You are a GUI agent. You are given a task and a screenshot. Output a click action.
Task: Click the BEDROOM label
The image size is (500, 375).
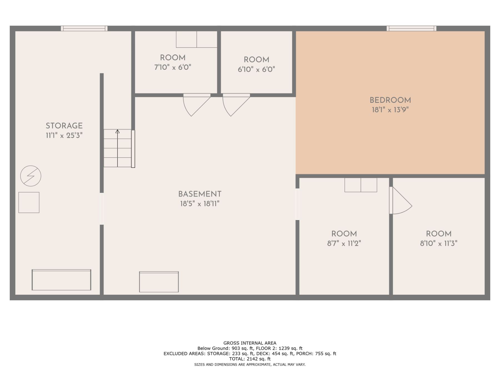pos(390,100)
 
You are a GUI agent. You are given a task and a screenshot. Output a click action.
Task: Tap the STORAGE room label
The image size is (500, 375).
pos(64,126)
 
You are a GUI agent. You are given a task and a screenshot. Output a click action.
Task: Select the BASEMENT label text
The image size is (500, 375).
pos(200,194)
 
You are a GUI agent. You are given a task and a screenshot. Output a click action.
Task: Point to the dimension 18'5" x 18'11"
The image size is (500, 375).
pos(200,204)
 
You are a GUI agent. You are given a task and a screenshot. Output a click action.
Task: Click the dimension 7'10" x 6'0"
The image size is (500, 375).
pos(173,67)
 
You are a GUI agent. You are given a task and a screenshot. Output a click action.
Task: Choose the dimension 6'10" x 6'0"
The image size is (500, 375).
pos(256,69)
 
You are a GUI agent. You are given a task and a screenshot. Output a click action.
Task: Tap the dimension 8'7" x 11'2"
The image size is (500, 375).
pos(344,244)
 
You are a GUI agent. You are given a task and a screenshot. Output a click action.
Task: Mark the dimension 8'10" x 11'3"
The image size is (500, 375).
pos(439,244)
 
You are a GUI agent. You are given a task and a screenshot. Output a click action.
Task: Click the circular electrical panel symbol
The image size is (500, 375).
pos(31,176)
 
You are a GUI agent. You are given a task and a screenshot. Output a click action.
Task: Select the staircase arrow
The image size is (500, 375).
pos(117,148)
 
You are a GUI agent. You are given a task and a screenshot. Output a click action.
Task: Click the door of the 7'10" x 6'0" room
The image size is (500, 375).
pos(197,105)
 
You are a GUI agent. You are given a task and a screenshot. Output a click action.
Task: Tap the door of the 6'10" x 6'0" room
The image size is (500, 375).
pos(236,105)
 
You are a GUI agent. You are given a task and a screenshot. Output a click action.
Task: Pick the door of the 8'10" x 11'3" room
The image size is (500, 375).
pos(401,200)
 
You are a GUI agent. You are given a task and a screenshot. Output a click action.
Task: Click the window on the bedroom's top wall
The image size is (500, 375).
pos(411,28)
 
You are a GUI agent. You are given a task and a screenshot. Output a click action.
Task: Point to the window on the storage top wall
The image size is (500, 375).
pos(84,28)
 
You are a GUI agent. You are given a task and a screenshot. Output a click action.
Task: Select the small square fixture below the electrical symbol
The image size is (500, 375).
pos(29,202)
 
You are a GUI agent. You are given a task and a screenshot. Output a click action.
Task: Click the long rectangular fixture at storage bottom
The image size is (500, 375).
pos(61,280)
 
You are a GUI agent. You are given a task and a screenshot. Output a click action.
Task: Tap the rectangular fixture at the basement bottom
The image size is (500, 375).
pos(159,282)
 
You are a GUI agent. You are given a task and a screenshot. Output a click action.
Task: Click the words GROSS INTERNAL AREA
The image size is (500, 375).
pos(250,343)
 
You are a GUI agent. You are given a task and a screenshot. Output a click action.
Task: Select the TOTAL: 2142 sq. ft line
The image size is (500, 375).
pos(250,359)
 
